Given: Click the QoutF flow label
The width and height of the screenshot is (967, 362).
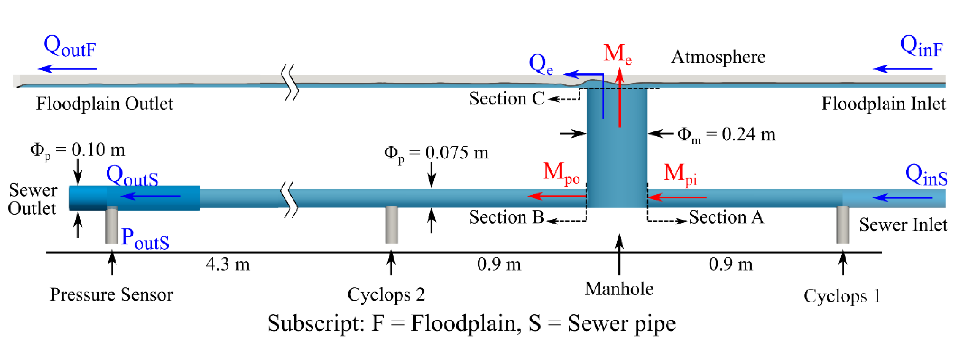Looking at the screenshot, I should (x=70, y=47).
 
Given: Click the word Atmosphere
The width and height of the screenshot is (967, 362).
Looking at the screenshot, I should (x=718, y=57).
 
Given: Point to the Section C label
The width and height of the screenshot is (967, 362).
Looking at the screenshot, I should (x=506, y=99).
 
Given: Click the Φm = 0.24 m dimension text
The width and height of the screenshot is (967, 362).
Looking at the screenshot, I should (x=726, y=134).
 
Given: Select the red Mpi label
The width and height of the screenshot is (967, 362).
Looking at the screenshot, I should (x=680, y=174).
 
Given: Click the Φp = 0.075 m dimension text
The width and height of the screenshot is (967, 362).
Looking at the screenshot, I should (x=436, y=153).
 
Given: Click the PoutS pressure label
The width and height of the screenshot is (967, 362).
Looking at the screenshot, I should (x=145, y=239).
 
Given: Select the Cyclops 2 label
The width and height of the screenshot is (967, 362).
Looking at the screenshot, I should (x=386, y=294).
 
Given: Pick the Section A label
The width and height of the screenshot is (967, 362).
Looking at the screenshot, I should (x=726, y=217).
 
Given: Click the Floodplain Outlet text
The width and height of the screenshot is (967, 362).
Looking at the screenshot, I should (x=104, y=104).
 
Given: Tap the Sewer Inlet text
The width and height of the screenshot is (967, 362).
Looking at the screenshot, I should (x=903, y=225).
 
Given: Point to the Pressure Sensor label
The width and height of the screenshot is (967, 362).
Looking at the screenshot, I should (x=111, y=294).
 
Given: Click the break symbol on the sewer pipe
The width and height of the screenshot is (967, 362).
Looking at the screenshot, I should (x=290, y=199).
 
